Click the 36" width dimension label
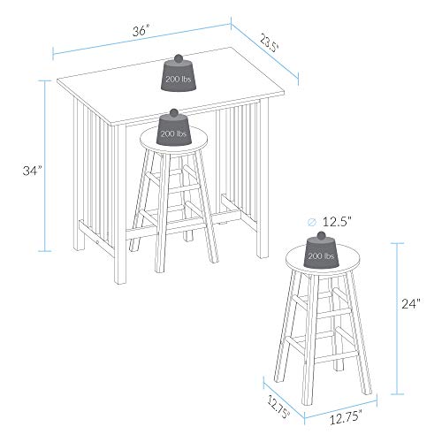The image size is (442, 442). (141, 30)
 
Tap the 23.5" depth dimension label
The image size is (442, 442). (269, 43)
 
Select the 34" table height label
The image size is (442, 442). (33, 171)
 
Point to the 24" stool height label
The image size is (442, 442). (411, 303)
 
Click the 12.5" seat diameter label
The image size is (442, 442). (338, 222)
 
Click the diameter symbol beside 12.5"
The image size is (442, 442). (311, 222)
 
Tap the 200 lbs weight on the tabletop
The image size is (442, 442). (179, 73)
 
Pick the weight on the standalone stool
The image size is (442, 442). (321, 250)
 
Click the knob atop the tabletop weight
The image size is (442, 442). (179, 58)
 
